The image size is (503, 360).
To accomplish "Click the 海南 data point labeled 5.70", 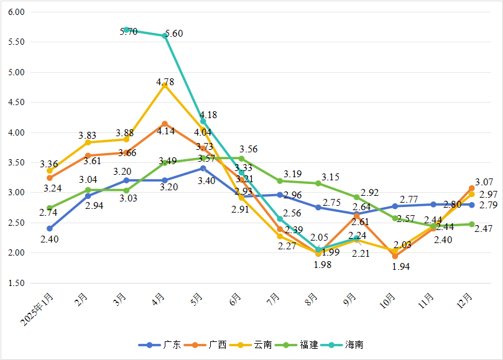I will [126, 30].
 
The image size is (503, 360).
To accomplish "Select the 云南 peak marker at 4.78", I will [165, 85].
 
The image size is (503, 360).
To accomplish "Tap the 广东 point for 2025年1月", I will [49, 228].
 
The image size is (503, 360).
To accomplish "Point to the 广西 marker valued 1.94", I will [395, 256].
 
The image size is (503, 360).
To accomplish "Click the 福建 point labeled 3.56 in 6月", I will [241, 159].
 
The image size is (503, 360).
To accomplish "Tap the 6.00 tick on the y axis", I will [16, 12].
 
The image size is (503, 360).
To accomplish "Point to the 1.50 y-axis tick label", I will [16, 283].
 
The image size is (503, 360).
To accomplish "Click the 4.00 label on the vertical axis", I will [16, 132].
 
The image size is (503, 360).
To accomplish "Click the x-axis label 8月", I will [314, 301].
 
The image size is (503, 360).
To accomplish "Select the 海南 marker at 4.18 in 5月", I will [203, 122].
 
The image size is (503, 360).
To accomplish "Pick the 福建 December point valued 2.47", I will [472, 224].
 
